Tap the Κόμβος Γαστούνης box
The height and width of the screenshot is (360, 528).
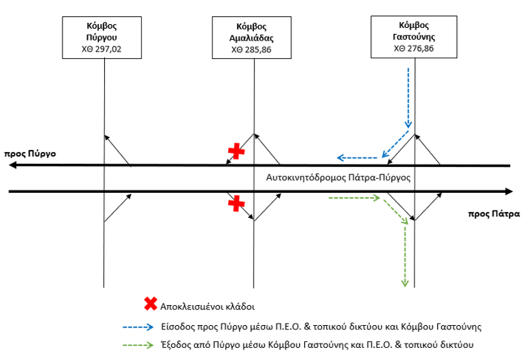pyautogui.click(x=413, y=37)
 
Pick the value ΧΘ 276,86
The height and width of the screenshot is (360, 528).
pyautogui.click(x=413, y=49)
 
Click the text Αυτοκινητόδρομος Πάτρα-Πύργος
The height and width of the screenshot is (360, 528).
pyautogui.click(x=339, y=177)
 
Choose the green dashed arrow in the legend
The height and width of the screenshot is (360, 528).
pyautogui.click(x=138, y=345)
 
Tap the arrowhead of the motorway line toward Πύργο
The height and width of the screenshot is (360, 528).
pyautogui.click(x=13, y=166)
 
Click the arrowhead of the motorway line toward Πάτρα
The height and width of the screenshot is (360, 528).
pyautogui.click(x=509, y=192)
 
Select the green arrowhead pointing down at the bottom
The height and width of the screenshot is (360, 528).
pyautogui.click(x=405, y=283)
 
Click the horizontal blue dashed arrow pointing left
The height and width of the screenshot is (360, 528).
pyautogui.click(x=358, y=157)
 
